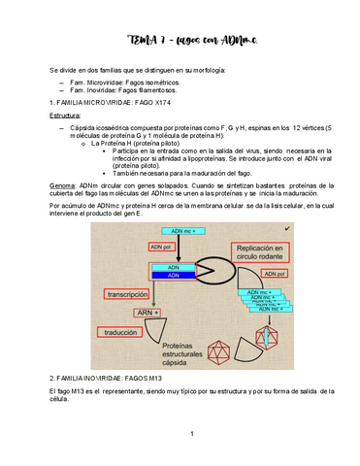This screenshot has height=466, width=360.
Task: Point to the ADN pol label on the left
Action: (x=162, y=248)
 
